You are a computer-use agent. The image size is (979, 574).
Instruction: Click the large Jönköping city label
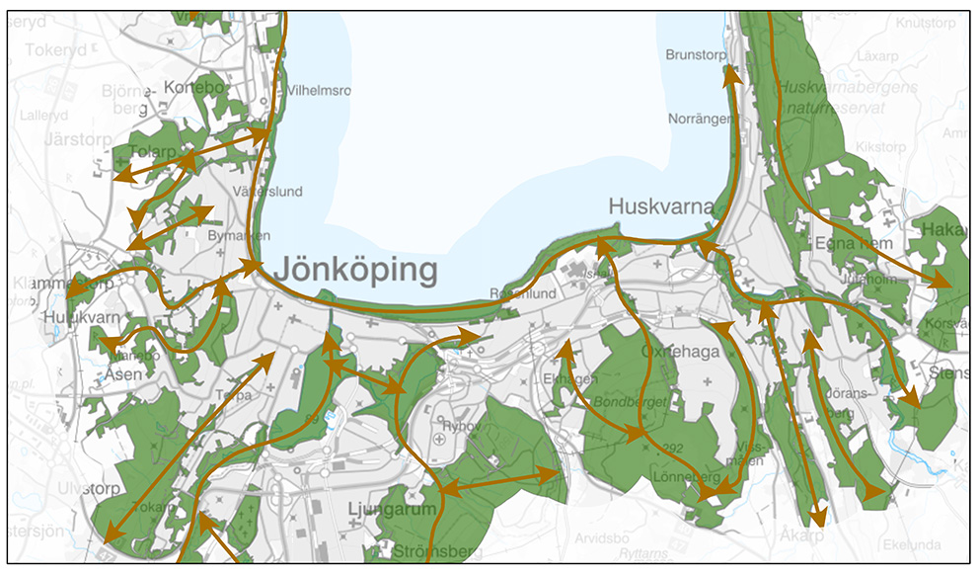[355, 270]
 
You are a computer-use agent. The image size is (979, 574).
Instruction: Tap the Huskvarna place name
[660, 207]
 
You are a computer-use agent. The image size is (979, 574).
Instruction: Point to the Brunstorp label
[696, 55]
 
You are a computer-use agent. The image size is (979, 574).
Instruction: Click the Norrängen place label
[703, 119]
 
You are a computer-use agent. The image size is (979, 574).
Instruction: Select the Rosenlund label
[523, 293]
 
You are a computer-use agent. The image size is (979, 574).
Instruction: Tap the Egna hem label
[854, 243]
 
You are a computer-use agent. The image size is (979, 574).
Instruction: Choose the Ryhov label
[459, 426]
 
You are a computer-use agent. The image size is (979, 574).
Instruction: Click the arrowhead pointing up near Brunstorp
[731, 74]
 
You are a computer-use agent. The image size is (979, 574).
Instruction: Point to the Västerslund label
[267, 192]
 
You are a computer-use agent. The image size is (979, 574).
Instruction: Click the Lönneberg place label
[686, 476]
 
